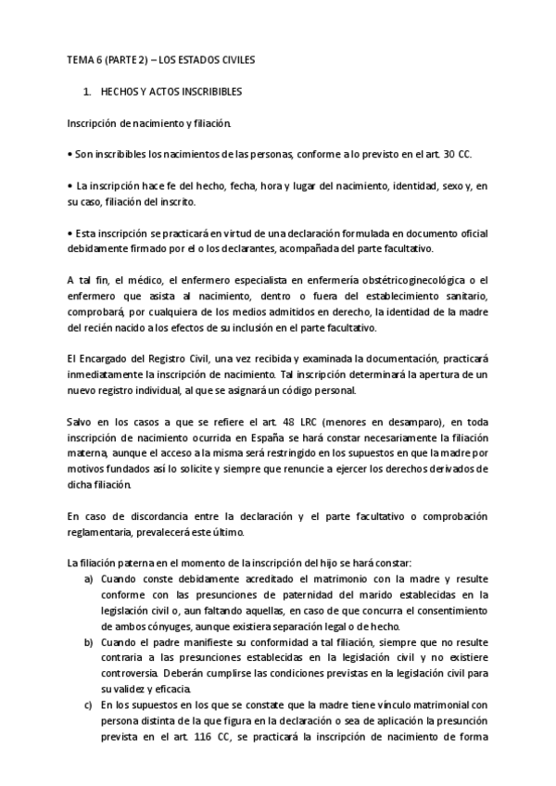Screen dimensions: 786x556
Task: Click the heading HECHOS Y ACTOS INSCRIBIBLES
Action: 171,94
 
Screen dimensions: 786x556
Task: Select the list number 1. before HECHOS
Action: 88,94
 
